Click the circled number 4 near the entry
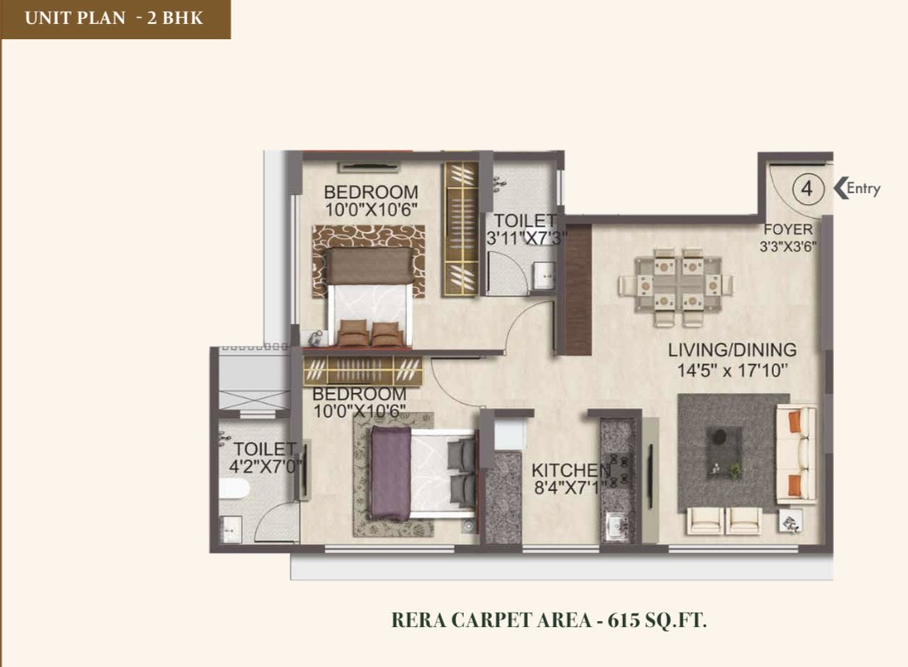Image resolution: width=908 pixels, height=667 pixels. click(807, 189)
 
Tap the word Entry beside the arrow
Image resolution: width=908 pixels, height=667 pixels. click(864, 188)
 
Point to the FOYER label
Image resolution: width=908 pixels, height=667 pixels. click(788, 230)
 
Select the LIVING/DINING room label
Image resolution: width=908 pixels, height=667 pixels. click(732, 350)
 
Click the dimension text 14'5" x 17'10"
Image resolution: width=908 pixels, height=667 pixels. click(733, 370)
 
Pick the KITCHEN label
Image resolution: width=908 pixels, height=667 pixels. click(571, 470)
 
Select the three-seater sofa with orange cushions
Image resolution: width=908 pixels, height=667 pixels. click(796, 454)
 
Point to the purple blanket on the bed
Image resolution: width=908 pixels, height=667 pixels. click(391, 473)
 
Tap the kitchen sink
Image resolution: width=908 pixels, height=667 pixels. click(618, 526)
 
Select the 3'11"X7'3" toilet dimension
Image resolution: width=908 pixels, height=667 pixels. click(526, 238)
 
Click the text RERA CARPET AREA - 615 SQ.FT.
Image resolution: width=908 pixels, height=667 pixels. click(549, 620)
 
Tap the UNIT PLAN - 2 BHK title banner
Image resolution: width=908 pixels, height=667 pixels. click(115, 19)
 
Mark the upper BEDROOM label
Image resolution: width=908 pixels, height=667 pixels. click(371, 191)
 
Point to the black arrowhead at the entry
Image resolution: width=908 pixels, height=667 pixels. click(839, 188)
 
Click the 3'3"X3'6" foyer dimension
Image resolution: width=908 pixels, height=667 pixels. click(788, 247)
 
